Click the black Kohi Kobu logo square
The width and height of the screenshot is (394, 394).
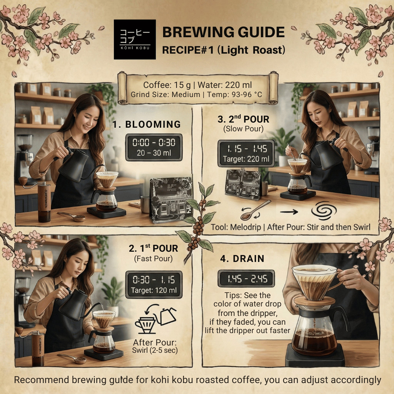pos(135,40)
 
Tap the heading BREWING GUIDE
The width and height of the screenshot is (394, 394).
pos(224,32)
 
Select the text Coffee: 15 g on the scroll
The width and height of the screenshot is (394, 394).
pos(167,85)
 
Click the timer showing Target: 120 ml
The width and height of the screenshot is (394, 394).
pos(154,284)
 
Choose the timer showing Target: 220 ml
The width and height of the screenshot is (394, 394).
pos(246,153)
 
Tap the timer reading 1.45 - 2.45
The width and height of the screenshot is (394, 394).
pos(246,279)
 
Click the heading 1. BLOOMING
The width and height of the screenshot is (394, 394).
pos(147,124)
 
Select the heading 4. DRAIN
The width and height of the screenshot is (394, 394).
pos(242,259)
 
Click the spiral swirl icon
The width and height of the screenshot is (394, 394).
pos(324,210)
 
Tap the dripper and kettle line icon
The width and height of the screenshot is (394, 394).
pos(156,318)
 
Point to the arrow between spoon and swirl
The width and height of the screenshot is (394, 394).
pos(289,212)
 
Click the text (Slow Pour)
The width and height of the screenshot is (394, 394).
pos(244,129)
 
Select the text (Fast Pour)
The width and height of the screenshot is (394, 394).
pos(154,259)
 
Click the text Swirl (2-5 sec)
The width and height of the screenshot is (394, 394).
pos(155,350)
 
